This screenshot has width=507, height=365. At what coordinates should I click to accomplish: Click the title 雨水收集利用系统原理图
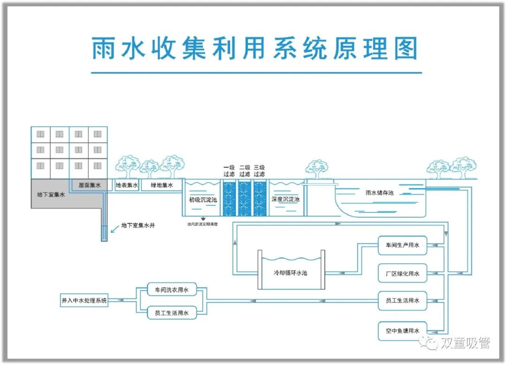coord(254,48)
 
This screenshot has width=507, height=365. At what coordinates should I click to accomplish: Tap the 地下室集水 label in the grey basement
coord(51,194)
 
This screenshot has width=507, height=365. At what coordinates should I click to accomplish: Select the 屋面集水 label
coord(90,185)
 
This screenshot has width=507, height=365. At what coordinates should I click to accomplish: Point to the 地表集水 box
coord(127,185)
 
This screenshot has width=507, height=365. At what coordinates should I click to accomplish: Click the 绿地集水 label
coord(162,185)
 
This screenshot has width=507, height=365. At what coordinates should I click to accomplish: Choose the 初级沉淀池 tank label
coord(203,200)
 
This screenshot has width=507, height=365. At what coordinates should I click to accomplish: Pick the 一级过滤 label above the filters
coord(229,171)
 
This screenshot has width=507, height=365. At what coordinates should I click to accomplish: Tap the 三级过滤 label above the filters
coord(259,171)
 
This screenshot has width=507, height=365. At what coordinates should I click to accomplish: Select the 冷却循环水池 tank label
coord(291,272)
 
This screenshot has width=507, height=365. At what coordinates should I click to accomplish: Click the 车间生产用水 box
coord(403,245)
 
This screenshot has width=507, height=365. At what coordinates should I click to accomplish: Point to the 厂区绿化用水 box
coord(403,273)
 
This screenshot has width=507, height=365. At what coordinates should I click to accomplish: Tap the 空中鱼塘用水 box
coord(403,331)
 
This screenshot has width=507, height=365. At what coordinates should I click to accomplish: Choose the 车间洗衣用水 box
coord(171,291)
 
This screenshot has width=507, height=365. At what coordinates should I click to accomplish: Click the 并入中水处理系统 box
coord(84,300)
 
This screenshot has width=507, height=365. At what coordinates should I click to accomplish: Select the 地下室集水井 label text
coord(138,226)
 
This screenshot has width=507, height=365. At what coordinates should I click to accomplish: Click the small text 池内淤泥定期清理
coord(202,224)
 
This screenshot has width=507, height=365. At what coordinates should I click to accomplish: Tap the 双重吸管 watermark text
coord(465,343)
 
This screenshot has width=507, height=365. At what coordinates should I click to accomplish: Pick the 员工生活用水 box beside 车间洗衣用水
coord(171,312)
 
